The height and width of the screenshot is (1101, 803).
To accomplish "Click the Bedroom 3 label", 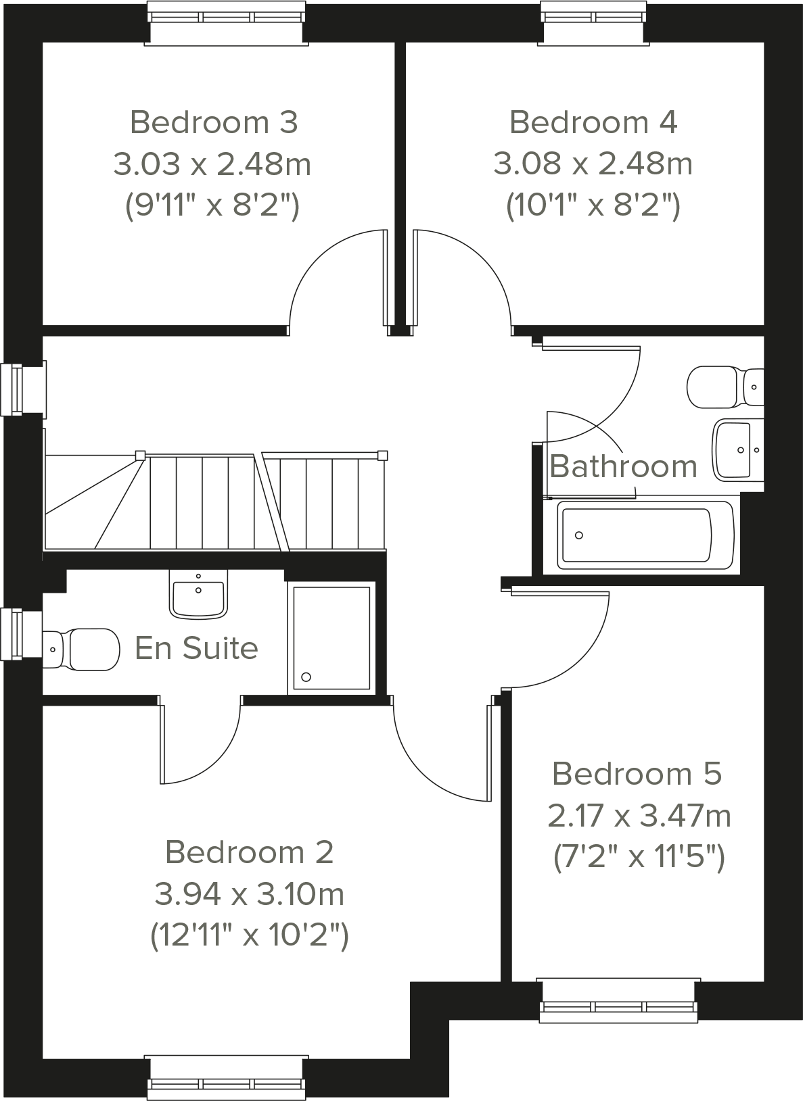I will tap(214, 122).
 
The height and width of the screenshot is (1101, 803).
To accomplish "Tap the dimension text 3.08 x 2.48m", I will tap(593, 164).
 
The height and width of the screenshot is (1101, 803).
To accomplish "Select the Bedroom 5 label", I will tap(637, 773).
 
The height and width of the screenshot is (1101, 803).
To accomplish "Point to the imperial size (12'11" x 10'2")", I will tap(249, 936).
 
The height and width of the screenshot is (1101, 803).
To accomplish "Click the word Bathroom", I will tap(623, 466).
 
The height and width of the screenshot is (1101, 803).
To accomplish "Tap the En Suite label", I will tap(196, 647).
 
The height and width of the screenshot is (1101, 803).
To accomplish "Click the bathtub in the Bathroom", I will tap(645, 535).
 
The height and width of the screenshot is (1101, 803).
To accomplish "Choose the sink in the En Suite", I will tap(198, 595).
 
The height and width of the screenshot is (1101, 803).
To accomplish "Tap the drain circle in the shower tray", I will tap(306, 677).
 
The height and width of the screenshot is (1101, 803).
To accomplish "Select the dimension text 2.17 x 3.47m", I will tap(639, 816).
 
